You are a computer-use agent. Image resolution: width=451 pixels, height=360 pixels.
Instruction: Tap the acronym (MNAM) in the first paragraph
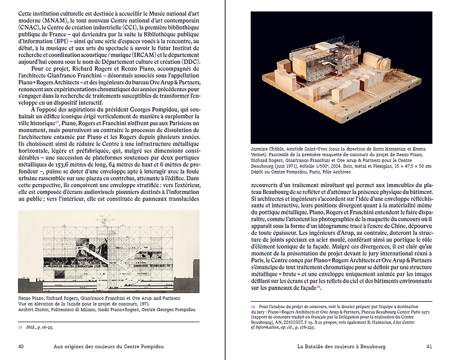tap(28, 20)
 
